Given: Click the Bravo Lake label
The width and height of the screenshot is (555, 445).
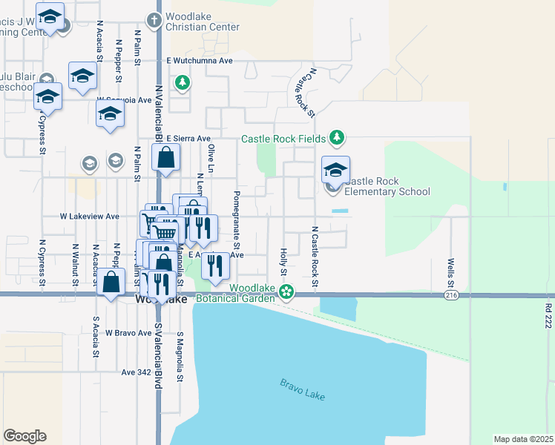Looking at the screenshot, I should point(303,389).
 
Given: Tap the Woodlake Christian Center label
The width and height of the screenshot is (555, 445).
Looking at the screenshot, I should point(203,22).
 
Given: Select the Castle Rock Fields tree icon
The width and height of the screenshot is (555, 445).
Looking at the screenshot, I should point(338,137).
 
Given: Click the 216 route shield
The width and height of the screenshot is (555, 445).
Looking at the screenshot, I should point(451,295).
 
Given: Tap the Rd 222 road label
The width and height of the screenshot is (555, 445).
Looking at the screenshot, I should point(548,315).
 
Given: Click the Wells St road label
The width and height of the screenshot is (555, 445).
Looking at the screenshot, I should point(450,274).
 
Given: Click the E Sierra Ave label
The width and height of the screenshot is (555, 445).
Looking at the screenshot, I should point(188,138).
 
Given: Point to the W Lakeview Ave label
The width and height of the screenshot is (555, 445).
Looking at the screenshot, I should point(90,217).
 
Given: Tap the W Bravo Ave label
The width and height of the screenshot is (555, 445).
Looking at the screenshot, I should point(128,333).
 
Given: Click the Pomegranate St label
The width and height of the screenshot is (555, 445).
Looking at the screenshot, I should point(237,220).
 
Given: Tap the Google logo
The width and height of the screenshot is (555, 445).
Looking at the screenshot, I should point(25,436).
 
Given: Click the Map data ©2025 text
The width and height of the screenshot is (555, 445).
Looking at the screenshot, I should point(524,439).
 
